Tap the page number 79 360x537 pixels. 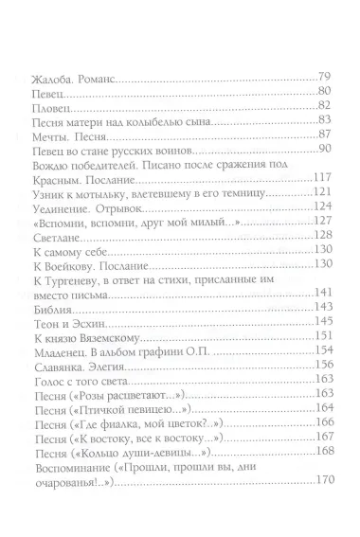tap(324, 76)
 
